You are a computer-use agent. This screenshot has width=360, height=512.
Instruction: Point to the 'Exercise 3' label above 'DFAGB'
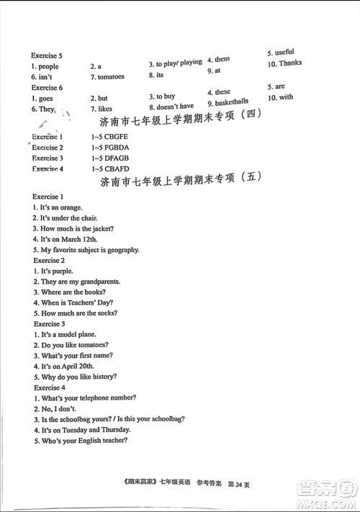pos(48,158)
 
